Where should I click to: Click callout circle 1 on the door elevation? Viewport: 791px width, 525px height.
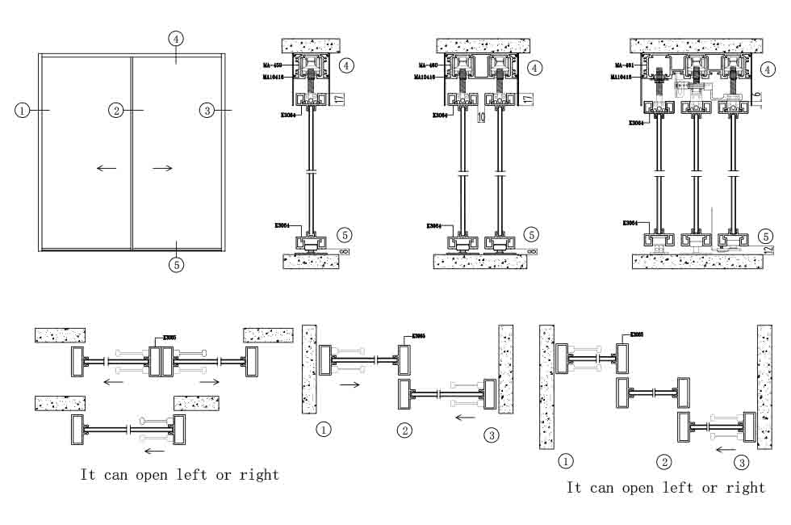(x=22, y=110)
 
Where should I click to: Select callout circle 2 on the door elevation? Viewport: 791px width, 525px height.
(x=116, y=110)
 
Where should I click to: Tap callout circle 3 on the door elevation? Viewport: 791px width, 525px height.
(x=207, y=110)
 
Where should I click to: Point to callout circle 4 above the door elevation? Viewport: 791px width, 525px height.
(x=177, y=38)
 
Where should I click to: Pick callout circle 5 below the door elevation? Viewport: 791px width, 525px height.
(x=177, y=263)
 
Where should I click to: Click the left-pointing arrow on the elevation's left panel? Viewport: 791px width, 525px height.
(x=106, y=168)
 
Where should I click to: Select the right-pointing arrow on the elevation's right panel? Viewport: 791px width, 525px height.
(x=162, y=168)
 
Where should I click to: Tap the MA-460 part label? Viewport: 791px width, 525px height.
(x=428, y=65)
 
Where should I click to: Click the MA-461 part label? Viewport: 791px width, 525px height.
(x=624, y=65)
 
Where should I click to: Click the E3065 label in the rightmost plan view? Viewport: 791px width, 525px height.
(x=637, y=334)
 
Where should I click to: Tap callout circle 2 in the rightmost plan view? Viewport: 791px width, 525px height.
(x=663, y=462)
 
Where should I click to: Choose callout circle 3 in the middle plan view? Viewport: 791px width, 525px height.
(x=492, y=436)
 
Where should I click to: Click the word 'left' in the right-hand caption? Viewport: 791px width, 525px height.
(x=676, y=488)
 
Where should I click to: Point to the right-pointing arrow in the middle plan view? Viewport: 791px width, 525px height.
(x=349, y=386)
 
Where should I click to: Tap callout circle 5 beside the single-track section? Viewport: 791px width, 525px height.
(x=344, y=235)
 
